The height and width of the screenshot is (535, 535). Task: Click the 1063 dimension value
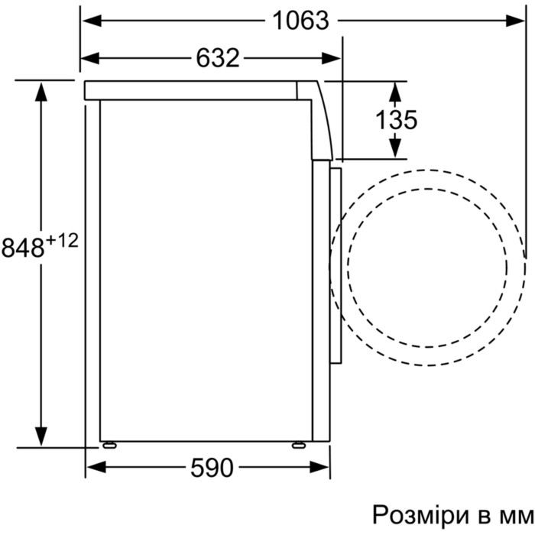(300, 21)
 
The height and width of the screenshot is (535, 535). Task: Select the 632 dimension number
(217, 58)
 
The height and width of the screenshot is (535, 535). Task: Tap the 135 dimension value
(396, 120)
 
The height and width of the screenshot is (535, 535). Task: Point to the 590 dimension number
(212, 468)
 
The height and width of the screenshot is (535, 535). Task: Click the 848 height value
(23, 248)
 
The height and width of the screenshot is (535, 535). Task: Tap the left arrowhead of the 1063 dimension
(92, 21)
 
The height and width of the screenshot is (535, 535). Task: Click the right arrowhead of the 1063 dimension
(516, 21)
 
